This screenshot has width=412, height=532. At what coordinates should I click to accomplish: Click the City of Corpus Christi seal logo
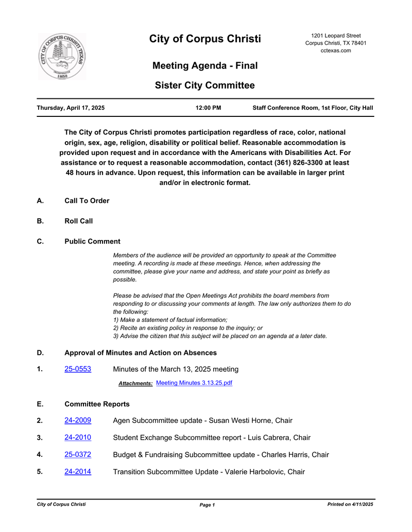62,57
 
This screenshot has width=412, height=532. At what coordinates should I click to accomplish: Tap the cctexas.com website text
336,50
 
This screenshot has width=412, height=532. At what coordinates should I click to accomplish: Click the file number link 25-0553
78,369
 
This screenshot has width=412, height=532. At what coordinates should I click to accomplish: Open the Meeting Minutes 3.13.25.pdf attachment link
194,383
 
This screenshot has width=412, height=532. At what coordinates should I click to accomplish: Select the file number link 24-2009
78,421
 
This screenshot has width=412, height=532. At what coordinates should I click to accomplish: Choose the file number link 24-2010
78,438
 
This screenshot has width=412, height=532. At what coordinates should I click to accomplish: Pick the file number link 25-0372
78,455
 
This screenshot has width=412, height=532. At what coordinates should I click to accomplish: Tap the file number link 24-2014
78,472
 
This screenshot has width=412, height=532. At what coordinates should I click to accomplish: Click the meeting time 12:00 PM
209,108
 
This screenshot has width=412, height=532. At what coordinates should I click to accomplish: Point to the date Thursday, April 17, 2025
71,108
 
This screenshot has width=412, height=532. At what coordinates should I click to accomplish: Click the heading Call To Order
87,201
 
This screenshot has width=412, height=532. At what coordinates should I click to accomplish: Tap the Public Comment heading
92,242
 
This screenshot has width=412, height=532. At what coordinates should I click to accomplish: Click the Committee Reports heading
97,404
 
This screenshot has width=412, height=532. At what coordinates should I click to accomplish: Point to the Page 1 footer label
207,505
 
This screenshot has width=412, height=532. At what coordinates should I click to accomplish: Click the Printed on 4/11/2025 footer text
350,505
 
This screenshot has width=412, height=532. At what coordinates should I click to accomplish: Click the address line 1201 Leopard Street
336,36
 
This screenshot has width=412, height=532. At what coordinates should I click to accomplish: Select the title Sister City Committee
205,85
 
